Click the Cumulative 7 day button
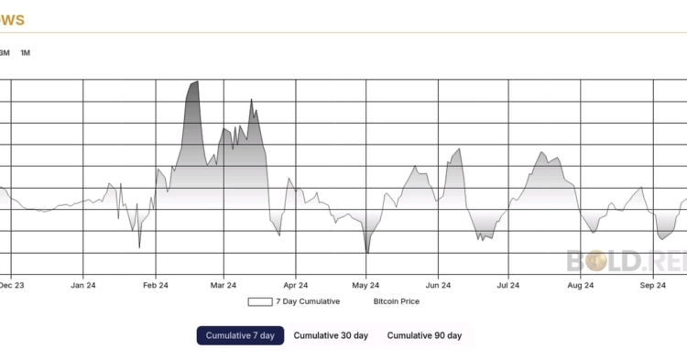tap(240, 335)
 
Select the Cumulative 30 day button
tap(331, 335)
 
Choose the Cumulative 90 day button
tap(424, 335)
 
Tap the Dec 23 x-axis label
tap(11, 286)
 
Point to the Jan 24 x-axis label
tap(83, 286)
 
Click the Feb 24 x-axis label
tap(156, 286)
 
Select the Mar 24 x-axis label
tap(224, 286)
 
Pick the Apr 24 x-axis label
tap(296, 286)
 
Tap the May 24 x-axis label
tap(366, 286)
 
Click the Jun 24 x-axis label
tap(439, 286)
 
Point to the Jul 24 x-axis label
tap(508, 286)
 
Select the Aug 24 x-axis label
tap(581, 286)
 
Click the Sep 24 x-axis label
tap(652, 286)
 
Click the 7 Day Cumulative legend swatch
tap(259, 301)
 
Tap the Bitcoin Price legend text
tap(396, 301)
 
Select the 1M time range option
tap(26, 52)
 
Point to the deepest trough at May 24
tap(366, 253)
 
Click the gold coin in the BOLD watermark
tap(597, 261)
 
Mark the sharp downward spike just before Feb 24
tap(139, 247)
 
